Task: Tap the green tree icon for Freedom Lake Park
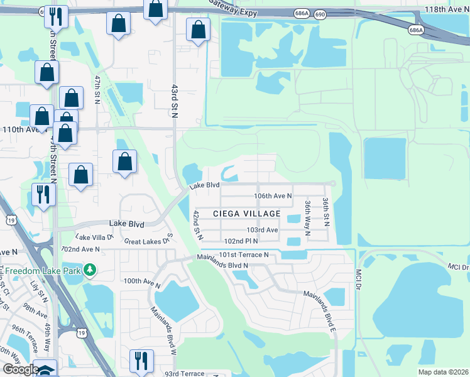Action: (x=90, y=270)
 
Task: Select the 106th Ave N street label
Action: (x=273, y=196)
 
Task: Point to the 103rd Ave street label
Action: (x=262, y=231)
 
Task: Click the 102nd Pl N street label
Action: (x=242, y=241)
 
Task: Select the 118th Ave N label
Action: (x=444, y=11)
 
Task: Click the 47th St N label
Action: (x=97, y=90)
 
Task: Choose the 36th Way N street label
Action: (x=307, y=217)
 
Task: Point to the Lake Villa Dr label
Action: (x=94, y=238)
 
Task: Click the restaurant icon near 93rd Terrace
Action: (x=139, y=361)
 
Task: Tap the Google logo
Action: (x=20, y=369)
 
